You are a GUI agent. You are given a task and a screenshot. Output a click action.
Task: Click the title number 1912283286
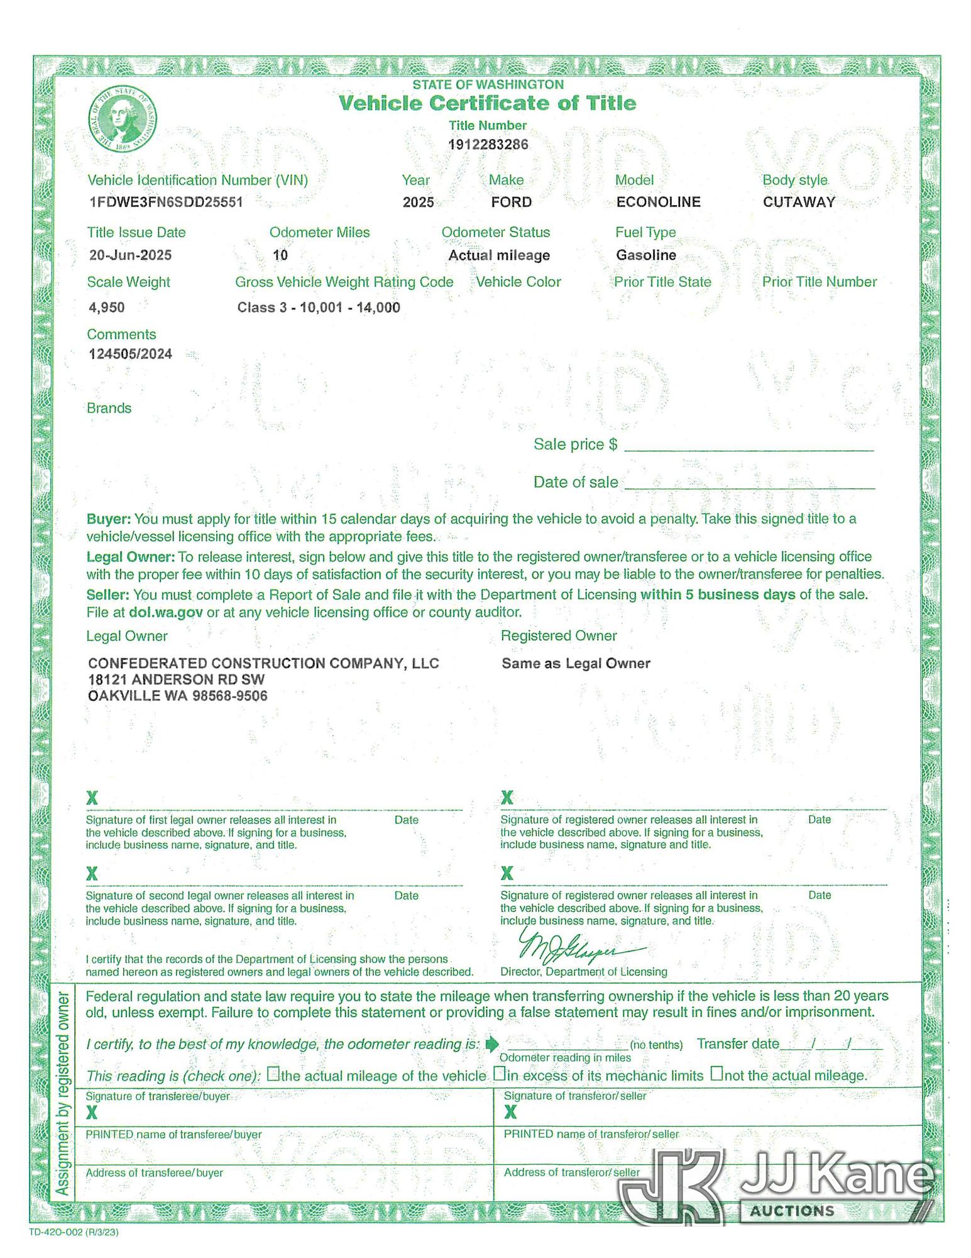488,145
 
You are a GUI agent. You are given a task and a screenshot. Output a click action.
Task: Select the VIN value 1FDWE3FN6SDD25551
166,202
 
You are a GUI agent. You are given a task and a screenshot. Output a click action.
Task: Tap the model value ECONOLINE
658,202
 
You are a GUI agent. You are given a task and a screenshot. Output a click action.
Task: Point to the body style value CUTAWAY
799,202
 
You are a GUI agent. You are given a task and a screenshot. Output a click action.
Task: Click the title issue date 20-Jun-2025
130,255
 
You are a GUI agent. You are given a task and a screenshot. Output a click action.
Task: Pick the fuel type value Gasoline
645,255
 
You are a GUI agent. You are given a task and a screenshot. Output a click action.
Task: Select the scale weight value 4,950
107,308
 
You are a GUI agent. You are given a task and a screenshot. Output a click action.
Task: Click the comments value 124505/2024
130,353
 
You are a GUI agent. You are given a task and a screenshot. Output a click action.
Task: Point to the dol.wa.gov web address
165,612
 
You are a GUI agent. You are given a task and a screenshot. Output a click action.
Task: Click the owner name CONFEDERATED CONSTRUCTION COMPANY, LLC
263,663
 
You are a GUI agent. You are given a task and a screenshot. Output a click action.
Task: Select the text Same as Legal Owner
576,663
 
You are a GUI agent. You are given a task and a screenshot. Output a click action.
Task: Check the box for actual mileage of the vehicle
273,1074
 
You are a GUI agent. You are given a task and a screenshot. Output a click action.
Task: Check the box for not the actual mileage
716,1073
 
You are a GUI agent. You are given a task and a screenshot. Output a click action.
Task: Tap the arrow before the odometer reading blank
492,1044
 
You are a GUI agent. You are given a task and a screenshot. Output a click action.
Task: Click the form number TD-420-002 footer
74,1232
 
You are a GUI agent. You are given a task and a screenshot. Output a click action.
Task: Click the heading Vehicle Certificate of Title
488,103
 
